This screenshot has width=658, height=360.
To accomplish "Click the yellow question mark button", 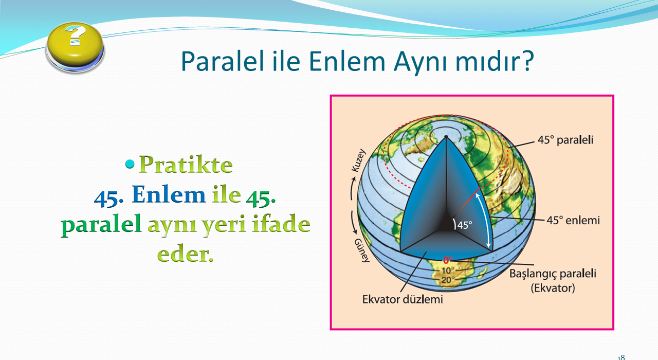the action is coord(75,47).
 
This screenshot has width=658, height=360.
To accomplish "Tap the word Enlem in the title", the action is coord(347,61).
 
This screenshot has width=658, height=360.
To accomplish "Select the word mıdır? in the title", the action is coord(495,61).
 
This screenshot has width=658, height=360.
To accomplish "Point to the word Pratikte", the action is coord(186,164).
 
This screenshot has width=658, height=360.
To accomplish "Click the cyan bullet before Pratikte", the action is coord(130,164).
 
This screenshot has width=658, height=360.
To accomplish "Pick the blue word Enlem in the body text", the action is coord(169,194).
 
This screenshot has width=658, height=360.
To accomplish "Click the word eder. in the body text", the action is coord(185,254).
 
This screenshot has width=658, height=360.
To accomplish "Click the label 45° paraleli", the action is coord(565,140).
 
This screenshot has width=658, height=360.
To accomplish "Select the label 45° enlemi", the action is coord(573,220).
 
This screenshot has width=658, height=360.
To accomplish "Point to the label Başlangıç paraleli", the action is coord(553,274).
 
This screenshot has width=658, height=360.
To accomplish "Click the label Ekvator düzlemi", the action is coord(403,299).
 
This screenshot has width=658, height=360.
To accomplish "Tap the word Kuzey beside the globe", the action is coord(359,160).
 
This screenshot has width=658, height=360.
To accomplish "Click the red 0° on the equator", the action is coord(448,260).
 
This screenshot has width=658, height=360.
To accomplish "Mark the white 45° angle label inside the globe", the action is coord(465,225).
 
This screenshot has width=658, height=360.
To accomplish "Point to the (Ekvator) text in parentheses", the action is coord(553,288).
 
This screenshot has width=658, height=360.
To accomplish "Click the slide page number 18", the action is coord(622,357).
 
